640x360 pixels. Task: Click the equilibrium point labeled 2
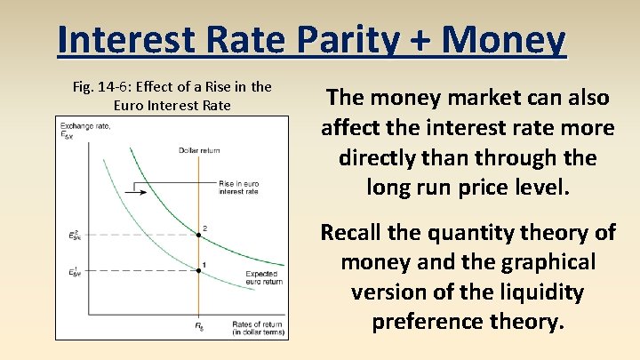[197, 236]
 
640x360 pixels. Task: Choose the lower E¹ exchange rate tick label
[79, 272]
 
